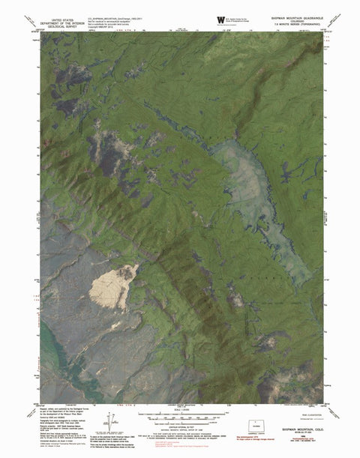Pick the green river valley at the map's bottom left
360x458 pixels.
[56, 360]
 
